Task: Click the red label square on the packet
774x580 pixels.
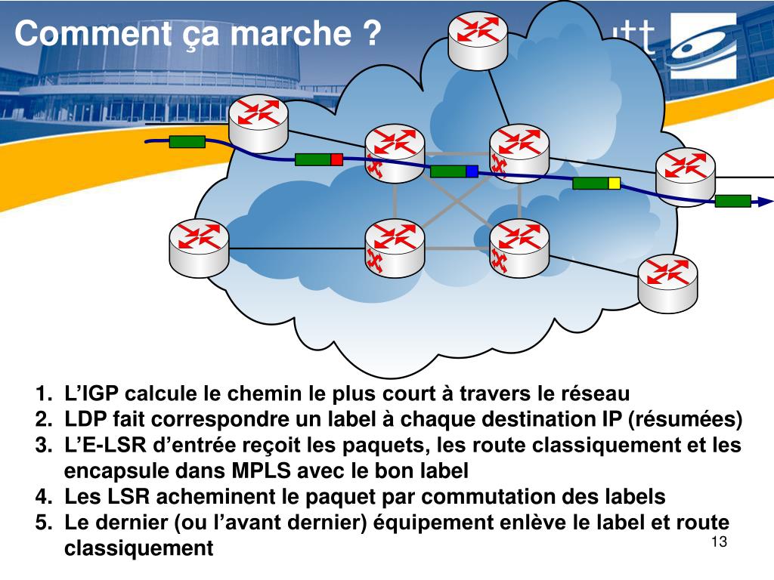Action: point(337,159)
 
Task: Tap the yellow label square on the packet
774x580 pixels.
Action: point(614,183)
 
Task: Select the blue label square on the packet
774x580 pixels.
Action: point(472,171)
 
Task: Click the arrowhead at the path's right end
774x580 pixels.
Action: point(766,202)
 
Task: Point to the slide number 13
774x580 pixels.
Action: point(718,543)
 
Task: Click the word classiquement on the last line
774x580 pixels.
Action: point(138,548)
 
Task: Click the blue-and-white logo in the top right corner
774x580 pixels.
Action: point(702,45)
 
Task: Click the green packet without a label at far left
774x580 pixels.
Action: point(187,141)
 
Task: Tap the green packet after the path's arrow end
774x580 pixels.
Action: point(732,200)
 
